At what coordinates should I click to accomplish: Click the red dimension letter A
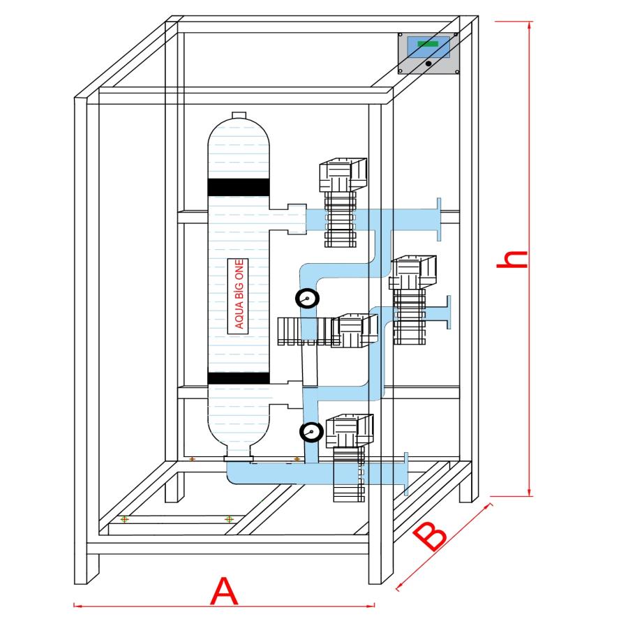(224, 592)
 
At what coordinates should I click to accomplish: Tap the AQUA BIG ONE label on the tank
(239, 293)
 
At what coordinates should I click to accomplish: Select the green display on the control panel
(428, 44)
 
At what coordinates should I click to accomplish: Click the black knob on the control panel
(428, 63)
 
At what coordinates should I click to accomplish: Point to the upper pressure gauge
(307, 299)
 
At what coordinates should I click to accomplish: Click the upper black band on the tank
(238, 187)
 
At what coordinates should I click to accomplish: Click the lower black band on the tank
(238, 377)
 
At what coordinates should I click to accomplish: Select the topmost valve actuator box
(342, 174)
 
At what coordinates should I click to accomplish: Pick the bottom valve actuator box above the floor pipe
(350, 431)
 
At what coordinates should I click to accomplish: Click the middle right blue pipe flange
(447, 313)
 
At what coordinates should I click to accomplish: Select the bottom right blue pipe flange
(406, 474)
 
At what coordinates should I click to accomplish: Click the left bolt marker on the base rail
(124, 519)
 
